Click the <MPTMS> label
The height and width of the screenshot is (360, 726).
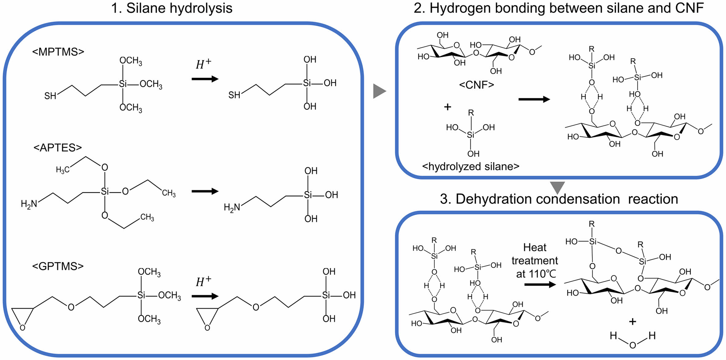(x=58, y=52)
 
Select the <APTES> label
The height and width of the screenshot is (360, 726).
(x=58, y=148)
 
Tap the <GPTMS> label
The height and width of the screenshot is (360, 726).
(x=58, y=266)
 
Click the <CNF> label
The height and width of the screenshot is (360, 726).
(x=476, y=85)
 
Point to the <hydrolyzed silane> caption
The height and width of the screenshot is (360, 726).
(x=471, y=166)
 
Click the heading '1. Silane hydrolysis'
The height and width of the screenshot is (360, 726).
(x=172, y=8)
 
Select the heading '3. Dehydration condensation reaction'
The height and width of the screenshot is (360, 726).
(x=559, y=199)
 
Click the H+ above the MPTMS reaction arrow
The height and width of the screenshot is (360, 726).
(x=203, y=64)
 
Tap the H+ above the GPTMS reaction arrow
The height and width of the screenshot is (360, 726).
(x=203, y=281)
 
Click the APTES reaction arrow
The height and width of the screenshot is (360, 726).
(x=205, y=191)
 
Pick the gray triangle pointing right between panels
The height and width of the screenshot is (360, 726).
(x=379, y=91)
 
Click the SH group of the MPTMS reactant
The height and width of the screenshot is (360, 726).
(x=50, y=96)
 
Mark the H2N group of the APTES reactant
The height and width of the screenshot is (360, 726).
(x=29, y=204)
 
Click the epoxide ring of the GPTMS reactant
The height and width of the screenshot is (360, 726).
(x=22, y=316)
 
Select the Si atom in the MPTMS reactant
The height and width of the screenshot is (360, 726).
(x=123, y=84)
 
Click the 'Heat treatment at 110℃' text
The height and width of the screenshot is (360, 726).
(x=535, y=260)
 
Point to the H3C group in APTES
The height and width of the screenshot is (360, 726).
(x=62, y=170)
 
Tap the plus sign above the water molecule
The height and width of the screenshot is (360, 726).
(x=632, y=322)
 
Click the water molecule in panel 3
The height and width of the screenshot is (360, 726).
(x=633, y=339)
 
